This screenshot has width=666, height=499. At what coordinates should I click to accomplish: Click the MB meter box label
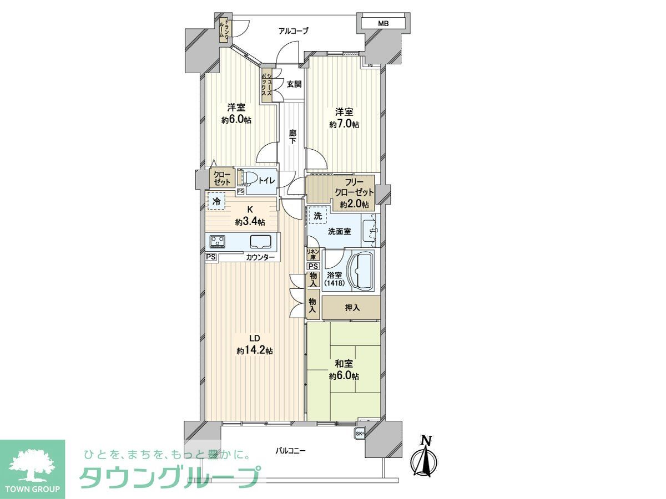click(x=383, y=23)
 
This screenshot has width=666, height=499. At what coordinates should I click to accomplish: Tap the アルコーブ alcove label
click(x=294, y=31)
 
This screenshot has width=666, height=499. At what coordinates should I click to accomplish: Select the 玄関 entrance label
click(x=294, y=84)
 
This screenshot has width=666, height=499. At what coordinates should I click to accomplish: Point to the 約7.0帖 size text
click(x=344, y=125)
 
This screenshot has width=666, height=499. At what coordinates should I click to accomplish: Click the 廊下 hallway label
click(x=292, y=137)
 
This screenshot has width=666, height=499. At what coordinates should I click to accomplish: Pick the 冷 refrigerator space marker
click(x=216, y=201)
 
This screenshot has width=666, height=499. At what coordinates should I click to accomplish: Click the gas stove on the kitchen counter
click(x=218, y=241)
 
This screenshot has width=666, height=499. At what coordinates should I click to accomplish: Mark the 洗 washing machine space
click(x=317, y=216)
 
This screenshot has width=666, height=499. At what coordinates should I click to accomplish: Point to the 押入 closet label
click(x=352, y=308)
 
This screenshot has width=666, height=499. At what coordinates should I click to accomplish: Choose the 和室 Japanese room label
click(x=344, y=364)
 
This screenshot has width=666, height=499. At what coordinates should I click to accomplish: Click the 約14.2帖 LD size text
click(x=255, y=350)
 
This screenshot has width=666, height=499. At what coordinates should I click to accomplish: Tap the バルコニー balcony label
click(x=291, y=451)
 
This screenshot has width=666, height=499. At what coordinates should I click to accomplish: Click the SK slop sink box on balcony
click(x=359, y=433)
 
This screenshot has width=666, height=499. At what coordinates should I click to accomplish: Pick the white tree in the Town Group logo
click(x=32, y=465)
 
